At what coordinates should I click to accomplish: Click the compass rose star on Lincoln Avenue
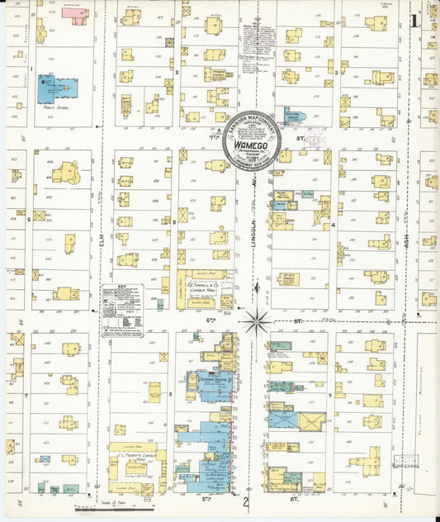(257, 320)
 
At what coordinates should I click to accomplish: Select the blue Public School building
(57, 89)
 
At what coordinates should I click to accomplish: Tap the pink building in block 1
(74, 13)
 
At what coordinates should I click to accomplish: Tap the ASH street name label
(408, 245)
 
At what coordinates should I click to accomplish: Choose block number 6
(29, 219)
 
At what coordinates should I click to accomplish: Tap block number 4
(333, 225)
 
